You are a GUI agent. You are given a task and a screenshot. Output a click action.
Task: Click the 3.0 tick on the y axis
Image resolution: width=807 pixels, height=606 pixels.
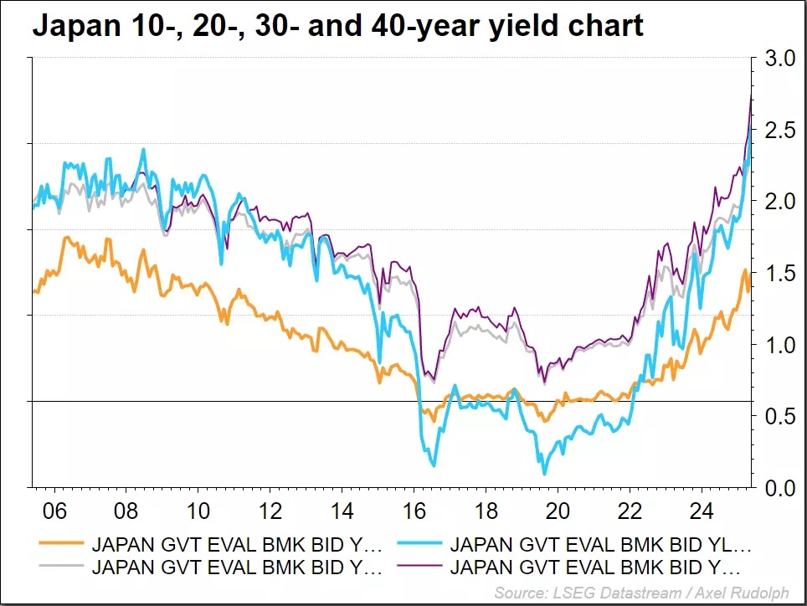click(x=778, y=59)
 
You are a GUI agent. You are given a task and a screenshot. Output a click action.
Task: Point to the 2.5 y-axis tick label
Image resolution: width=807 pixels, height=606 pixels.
click(x=778, y=131)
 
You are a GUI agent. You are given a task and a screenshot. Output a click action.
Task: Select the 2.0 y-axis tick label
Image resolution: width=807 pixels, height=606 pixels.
click(x=778, y=202)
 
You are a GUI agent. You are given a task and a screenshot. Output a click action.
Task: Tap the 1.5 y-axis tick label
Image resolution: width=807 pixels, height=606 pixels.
click(x=778, y=274)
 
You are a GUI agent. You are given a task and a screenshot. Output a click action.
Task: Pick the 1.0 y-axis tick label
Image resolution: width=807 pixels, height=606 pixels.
click(x=778, y=345)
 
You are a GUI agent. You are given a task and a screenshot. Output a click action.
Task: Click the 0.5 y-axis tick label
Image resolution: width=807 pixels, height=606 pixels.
click(x=778, y=417)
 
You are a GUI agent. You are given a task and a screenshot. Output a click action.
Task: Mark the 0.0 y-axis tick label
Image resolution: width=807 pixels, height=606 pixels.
click(x=778, y=488)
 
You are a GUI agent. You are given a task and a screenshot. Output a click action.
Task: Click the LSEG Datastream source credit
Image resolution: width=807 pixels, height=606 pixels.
click(x=641, y=593)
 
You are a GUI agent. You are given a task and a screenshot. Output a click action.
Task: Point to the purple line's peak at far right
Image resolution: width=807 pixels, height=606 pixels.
click(x=752, y=98)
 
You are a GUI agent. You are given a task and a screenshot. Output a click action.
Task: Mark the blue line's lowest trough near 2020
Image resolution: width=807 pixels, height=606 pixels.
click(x=544, y=474)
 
